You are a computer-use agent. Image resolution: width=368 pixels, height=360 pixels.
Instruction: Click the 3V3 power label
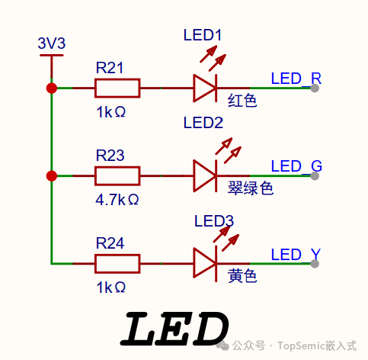(52, 43)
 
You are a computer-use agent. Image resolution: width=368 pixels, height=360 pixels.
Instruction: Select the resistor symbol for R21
(117, 88)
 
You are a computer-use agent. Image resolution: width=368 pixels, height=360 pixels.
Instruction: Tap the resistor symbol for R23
(117, 176)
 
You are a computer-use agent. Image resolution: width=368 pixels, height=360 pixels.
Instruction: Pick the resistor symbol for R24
(117, 264)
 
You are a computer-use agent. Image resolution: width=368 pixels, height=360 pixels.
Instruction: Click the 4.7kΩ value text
(117, 200)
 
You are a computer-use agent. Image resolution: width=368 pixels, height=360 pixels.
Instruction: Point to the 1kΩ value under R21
(110, 112)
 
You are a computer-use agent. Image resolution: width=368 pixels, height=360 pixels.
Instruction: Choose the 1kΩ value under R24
(110, 288)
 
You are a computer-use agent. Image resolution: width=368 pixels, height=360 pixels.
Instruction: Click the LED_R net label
(296, 79)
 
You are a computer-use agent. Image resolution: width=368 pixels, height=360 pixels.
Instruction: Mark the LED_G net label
(296, 166)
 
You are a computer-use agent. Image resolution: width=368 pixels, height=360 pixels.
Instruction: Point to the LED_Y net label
(296, 254)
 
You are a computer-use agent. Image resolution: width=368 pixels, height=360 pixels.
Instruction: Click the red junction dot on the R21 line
(52, 88)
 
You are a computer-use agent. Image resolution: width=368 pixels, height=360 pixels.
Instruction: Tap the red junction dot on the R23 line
(52, 176)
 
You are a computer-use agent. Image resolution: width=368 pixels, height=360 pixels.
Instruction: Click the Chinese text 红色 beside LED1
(242, 99)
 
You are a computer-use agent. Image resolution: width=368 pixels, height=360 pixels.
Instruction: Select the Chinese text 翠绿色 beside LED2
(250, 188)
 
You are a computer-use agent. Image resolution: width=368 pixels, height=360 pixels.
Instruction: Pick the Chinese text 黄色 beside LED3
(242, 275)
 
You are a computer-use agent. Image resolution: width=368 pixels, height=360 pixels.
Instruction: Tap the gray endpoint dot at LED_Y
(315, 264)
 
